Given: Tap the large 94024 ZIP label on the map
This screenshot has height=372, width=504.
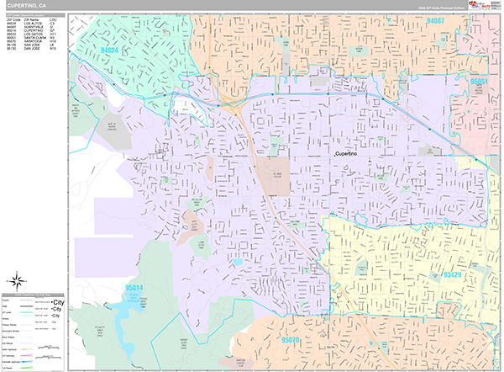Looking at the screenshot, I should point(110,50).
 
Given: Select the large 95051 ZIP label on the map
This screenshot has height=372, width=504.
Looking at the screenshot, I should point(479,82).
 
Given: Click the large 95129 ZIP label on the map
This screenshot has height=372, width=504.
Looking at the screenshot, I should point(452,275).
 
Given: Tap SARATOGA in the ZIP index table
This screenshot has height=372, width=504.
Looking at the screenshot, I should point(32,44).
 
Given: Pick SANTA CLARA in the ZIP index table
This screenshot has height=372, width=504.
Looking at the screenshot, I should point(34,40).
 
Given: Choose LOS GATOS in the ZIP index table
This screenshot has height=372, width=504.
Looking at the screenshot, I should point(33,35).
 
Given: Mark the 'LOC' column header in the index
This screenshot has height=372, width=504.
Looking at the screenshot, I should point(53,19).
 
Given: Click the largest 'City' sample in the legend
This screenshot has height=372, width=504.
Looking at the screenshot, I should point(58,300).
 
